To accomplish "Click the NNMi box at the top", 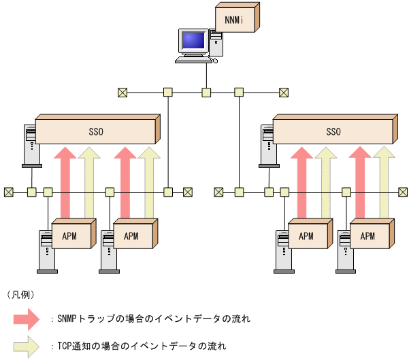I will click(x=235, y=18).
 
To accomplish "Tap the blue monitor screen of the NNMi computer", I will click(x=193, y=42).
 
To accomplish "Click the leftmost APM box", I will click(x=70, y=236).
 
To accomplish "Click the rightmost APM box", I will click(x=367, y=236).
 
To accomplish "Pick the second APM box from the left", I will click(x=131, y=236).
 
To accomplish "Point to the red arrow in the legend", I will click(x=27, y=318).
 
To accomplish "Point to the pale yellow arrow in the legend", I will click(x=27, y=346).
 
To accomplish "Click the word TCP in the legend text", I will click(x=65, y=346).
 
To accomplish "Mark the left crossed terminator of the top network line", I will click(x=122, y=93).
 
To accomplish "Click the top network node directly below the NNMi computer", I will click(x=206, y=93).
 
